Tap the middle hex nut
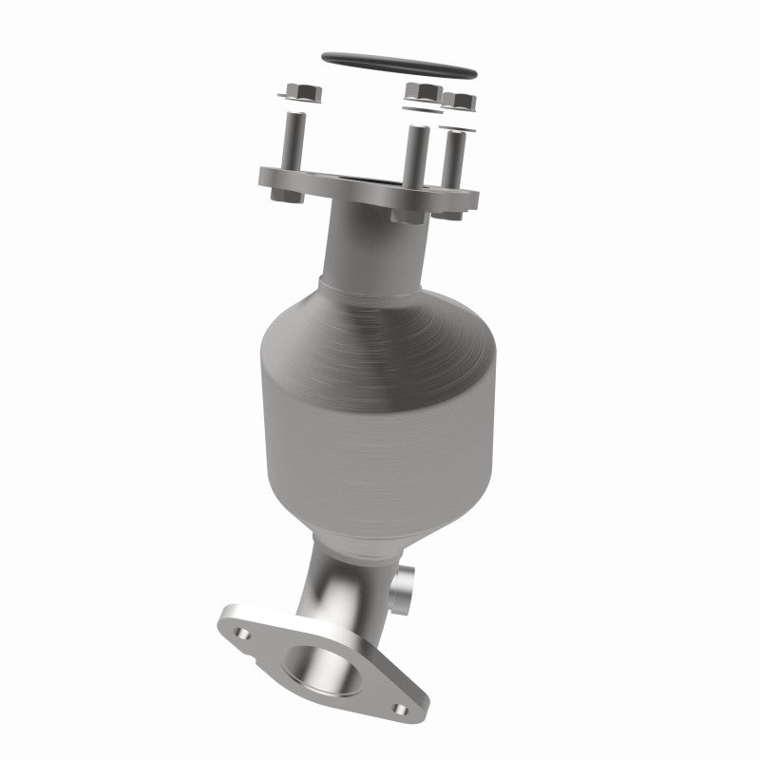coord(422,93)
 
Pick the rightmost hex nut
coord(461,101)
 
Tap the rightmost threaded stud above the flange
coord(457,157)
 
